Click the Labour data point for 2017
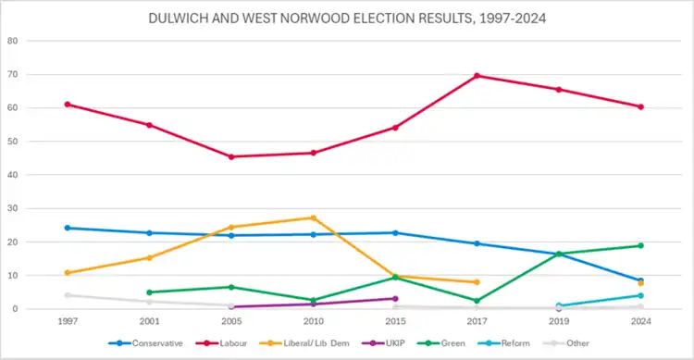(x=477, y=76)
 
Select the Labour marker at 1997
(x=68, y=105)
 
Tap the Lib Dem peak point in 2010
(x=314, y=217)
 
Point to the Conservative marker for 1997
(x=68, y=228)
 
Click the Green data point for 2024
(x=640, y=246)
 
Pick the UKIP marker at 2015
(x=395, y=299)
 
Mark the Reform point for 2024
(x=640, y=296)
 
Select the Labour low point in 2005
(x=231, y=156)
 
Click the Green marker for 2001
(x=149, y=292)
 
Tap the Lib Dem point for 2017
(x=477, y=282)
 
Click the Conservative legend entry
(x=145, y=343)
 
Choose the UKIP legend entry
(x=383, y=343)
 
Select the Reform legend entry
(x=504, y=343)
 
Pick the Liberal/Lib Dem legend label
(x=316, y=343)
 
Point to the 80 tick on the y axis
(x=12, y=41)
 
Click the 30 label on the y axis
(x=12, y=208)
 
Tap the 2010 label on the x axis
(x=314, y=321)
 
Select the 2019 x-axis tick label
(x=559, y=321)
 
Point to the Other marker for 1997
(x=68, y=295)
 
